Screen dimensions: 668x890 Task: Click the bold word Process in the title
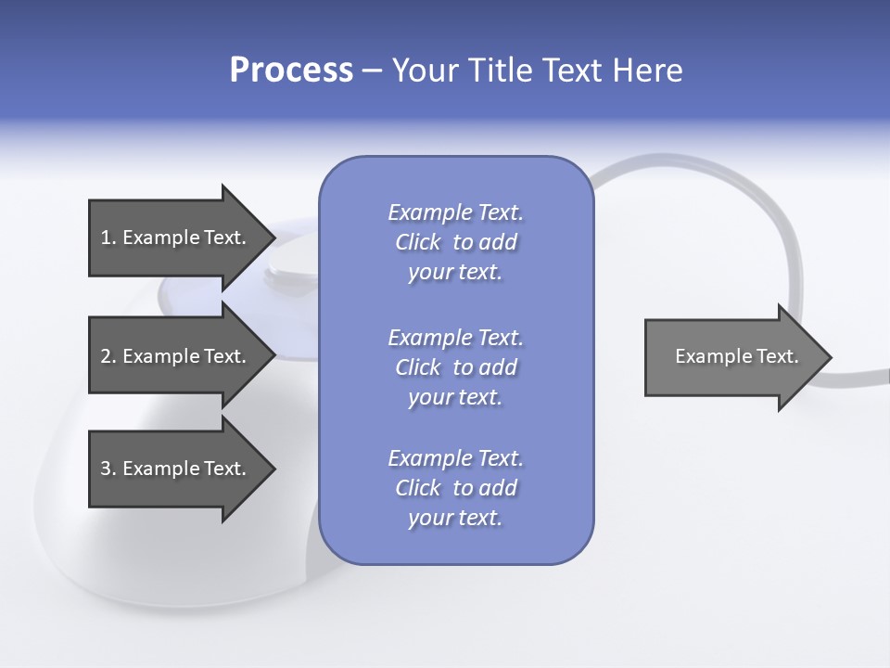[291, 71]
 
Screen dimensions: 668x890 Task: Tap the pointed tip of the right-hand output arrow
[830, 357]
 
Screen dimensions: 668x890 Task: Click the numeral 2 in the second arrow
[106, 356]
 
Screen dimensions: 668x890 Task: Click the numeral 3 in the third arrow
[106, 469]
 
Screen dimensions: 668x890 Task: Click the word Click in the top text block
[417, 243]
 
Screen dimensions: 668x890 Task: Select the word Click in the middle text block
[417, 368]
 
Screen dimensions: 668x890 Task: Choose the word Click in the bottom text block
[417, 489]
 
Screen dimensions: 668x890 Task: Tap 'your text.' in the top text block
[455, 273]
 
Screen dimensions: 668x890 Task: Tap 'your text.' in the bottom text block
[455, 519]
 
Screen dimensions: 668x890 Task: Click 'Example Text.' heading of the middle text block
[455, 338]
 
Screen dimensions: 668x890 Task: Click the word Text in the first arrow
[223, 238]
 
